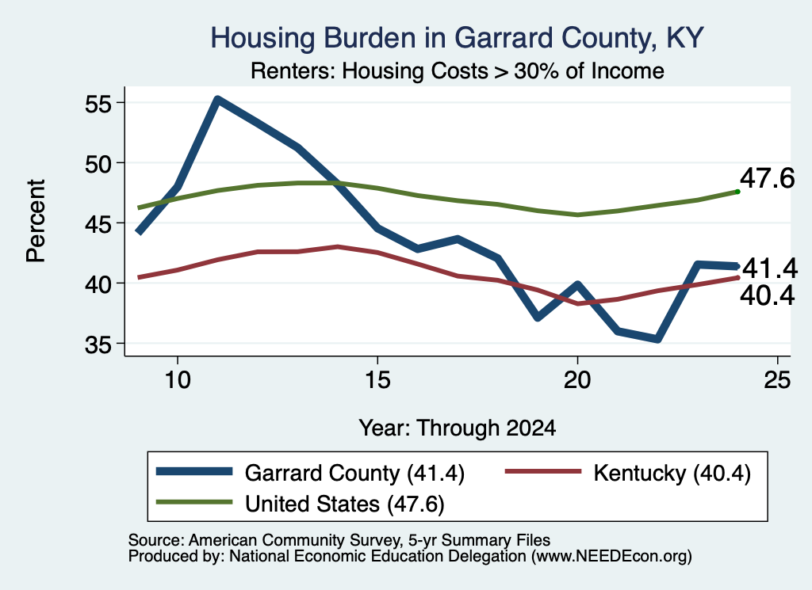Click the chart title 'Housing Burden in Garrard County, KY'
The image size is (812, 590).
[x=457, y=38]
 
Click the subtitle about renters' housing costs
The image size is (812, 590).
[x=458, y=70]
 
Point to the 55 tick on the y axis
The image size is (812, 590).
[x=98, y=104]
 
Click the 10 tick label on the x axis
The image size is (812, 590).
[x=178, y=380]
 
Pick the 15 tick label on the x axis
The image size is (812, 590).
[x=377, y=380]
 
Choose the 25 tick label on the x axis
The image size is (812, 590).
[x=777, y=380]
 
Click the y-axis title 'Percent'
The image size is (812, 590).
[x=36, y=221]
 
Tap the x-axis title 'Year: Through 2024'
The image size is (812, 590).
[x=458, y=428]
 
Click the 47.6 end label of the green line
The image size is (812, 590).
[x=767, y=178]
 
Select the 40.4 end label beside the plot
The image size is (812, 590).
[x=767, y=295]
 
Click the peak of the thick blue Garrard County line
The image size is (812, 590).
[x=218, y=100]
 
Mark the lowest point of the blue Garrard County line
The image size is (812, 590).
[x=657, y=339]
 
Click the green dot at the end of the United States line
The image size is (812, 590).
[x=737, y=192]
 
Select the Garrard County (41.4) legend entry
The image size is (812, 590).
[x=310, y=473]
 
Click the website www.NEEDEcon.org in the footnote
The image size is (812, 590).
[x=611, y=556]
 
